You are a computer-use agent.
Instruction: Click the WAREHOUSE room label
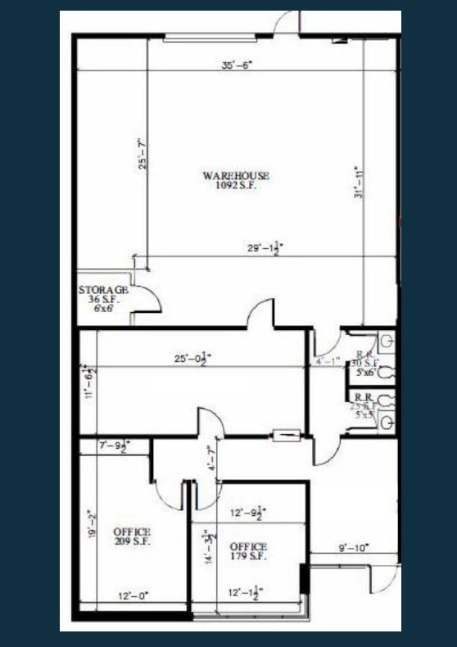(x=236, y=175)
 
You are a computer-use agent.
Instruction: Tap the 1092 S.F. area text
(x=236, y=185)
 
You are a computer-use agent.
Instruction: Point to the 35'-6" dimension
(x=238, y=66)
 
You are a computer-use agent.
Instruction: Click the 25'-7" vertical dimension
(x=143, y=152)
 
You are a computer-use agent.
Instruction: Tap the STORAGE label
(x=103, y=290)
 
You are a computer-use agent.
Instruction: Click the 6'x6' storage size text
(x=103, y=310)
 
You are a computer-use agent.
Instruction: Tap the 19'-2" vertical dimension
(x=90, y=525)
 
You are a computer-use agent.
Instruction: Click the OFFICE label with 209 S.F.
(x=132, y=532)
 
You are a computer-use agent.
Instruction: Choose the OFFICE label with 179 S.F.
(x=248, y=546)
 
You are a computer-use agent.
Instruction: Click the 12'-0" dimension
(x=131, y=596)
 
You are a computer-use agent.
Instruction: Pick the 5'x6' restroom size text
(x=365, y=373)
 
